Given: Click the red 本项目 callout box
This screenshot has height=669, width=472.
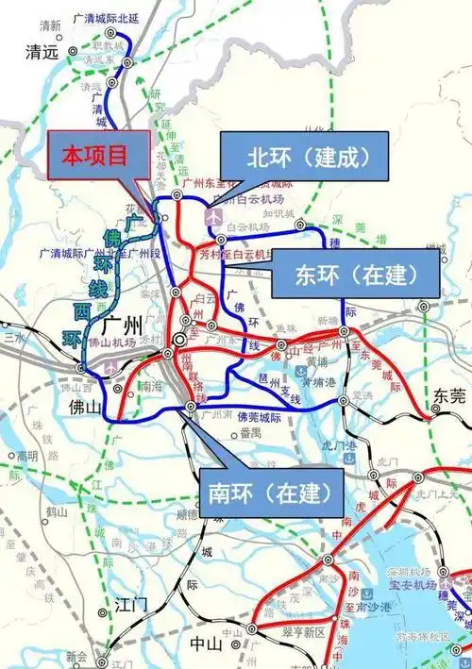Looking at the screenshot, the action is pos(93,157).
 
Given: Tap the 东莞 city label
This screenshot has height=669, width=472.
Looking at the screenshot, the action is pos(449,396).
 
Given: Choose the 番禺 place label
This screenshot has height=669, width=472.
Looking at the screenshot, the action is pos(250,433).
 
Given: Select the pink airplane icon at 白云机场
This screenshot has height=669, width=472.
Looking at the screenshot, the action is pos(215,216).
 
